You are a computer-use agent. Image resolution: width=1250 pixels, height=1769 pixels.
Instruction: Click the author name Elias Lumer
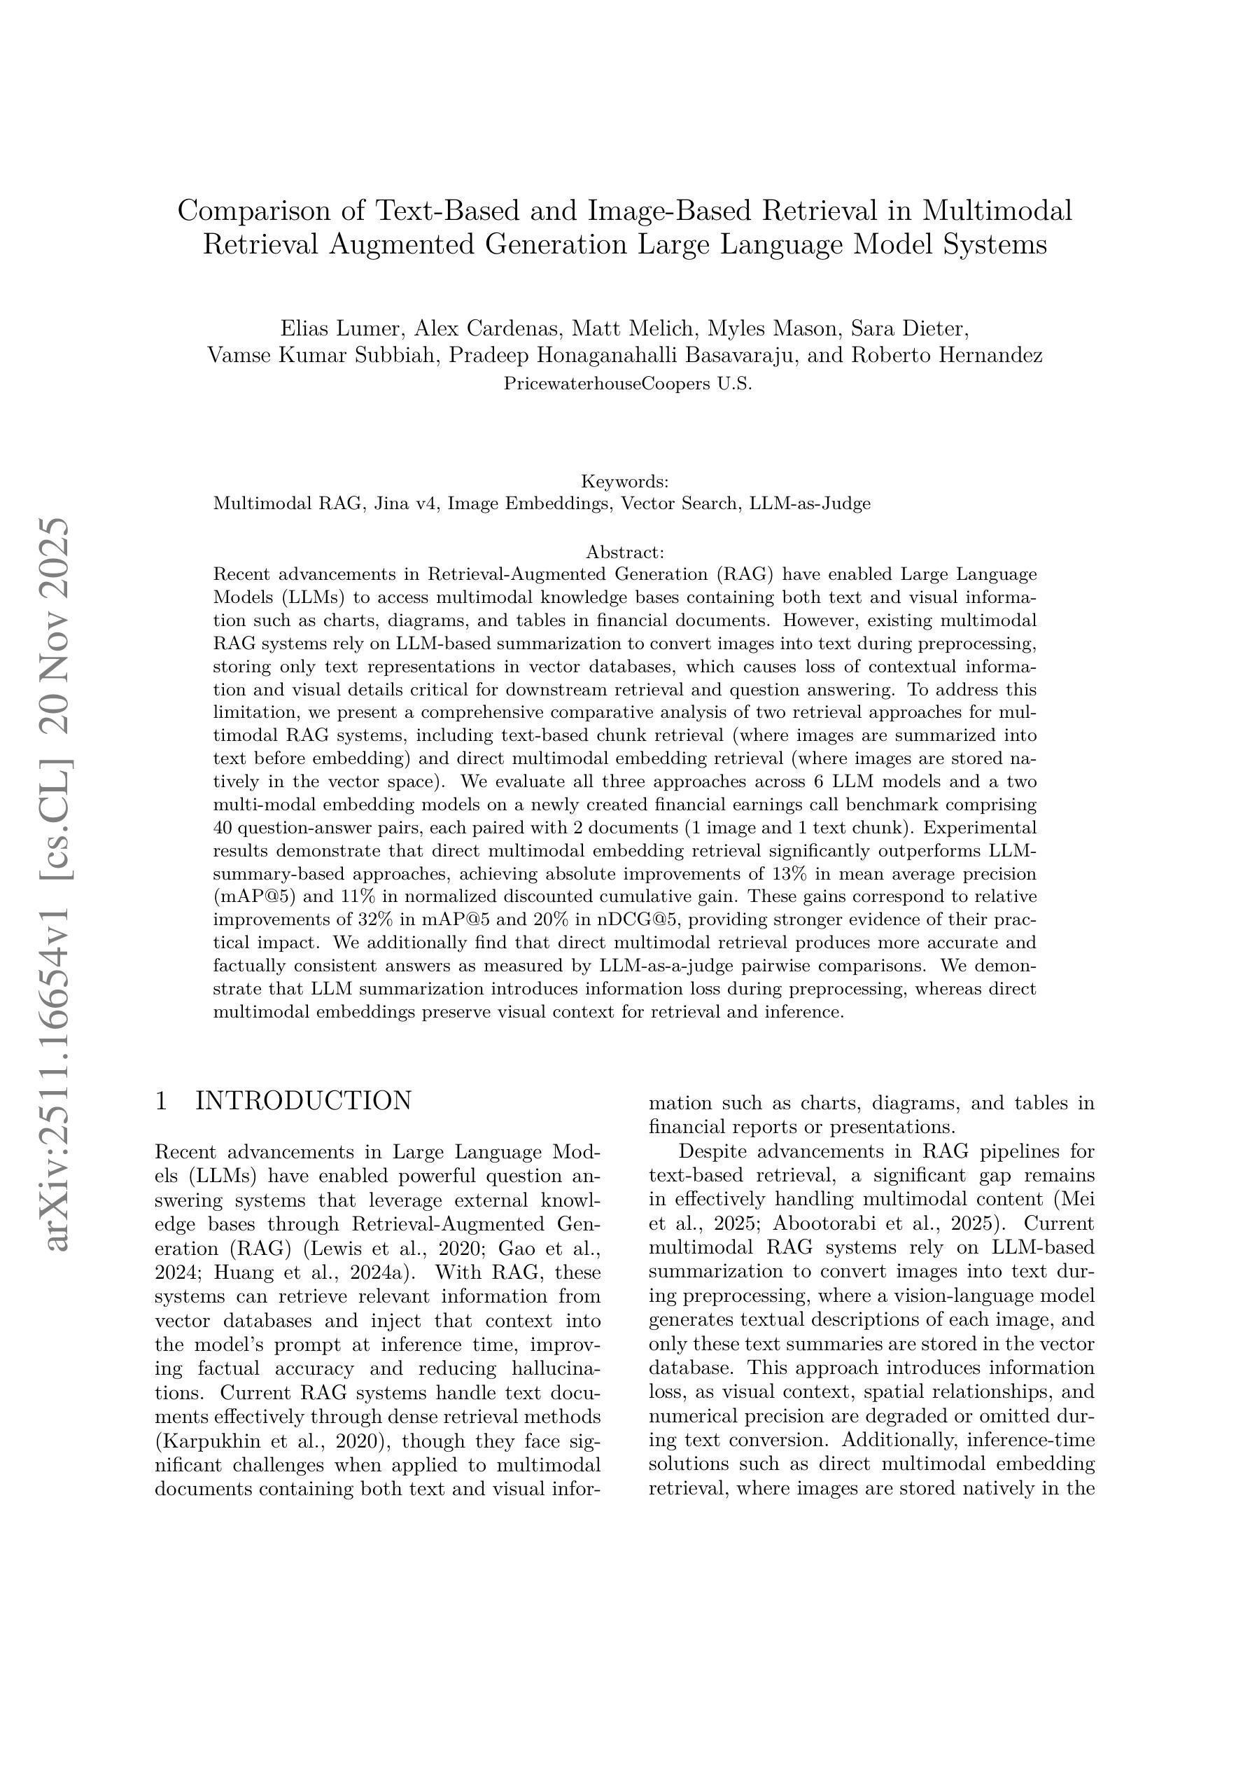(x=340, y=329)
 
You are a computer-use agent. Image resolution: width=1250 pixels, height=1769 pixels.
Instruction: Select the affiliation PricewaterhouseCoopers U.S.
(x=627, y=383)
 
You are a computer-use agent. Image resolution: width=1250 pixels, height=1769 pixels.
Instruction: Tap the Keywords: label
(x=624, y=482)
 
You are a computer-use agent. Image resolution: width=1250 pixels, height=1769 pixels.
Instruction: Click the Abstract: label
(x=624, y=552)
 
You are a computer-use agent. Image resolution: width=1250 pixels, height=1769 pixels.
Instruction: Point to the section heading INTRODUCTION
(x=304, y=1101)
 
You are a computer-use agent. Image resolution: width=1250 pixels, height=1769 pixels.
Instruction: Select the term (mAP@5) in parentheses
(x=254, y=897)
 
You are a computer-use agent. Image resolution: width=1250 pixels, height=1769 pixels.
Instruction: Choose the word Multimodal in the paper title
(x=997, y=210)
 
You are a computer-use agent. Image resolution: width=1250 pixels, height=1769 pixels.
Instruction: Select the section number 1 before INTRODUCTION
(x=161, y=1101)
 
